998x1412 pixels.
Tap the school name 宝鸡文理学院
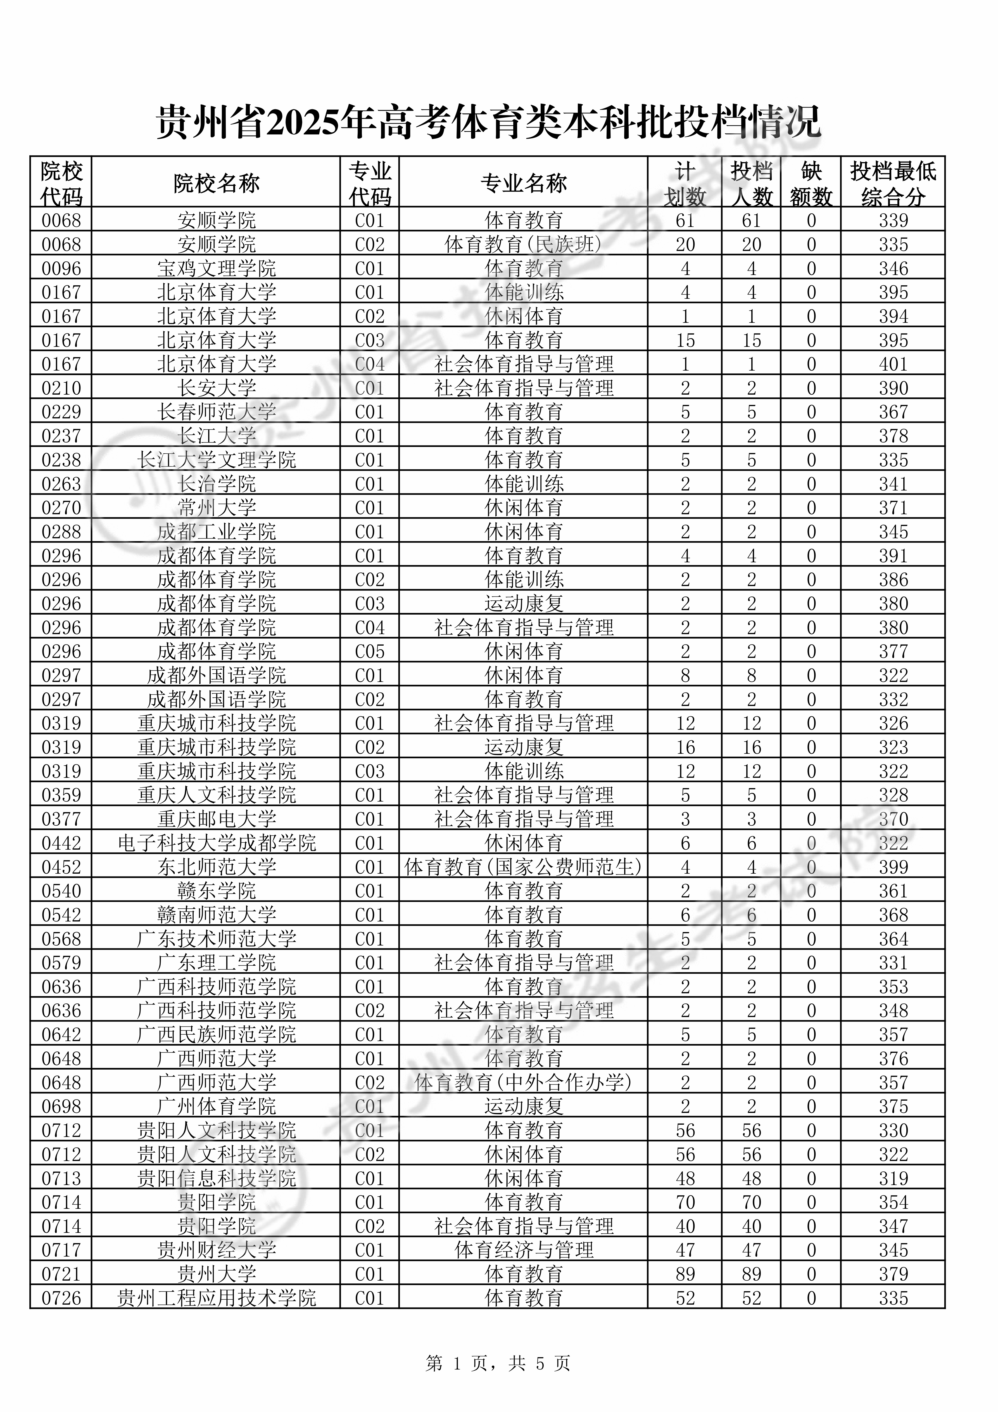(217, 268)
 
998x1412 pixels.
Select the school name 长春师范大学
(217, 412)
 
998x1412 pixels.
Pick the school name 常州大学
(217, 508)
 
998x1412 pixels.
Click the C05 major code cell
(370, 651)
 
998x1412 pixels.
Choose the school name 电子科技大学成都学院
(217, 843)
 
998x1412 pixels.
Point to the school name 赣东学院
(217, 891)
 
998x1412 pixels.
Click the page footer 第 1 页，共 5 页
(498, 1364)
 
